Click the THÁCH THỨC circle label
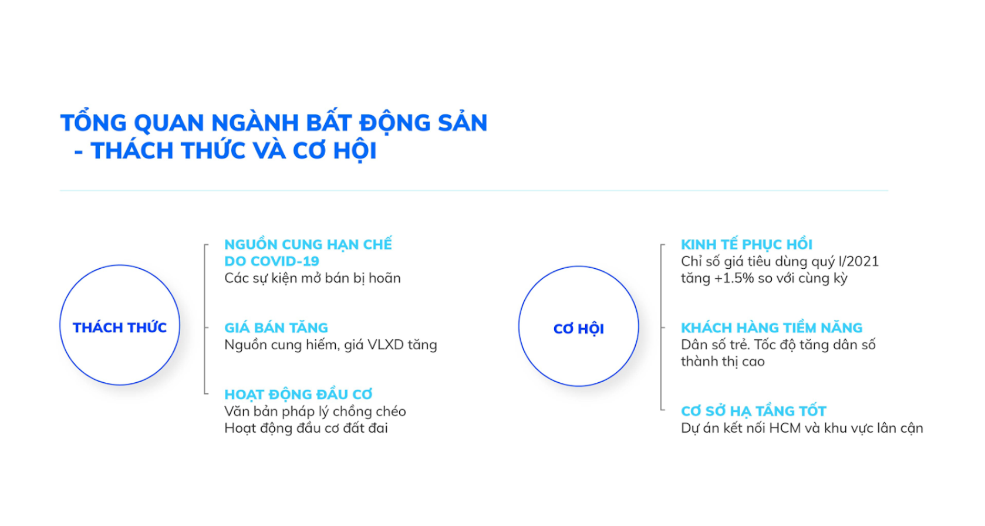coord(120,327)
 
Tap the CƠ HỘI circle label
coord(578,329)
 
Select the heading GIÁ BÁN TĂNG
coord(276,327)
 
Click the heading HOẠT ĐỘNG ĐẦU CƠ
coord(298,394)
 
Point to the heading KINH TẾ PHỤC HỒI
coord(746,244)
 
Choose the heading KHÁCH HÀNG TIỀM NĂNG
coord(771,327)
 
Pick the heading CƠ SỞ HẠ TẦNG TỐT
coord(754,411)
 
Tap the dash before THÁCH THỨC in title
coord(78,151)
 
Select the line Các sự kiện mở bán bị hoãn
coord(312,278)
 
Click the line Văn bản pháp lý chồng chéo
coord(315,412)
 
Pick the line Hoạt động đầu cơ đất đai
coord(306,429)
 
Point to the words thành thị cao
coord(723,362)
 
